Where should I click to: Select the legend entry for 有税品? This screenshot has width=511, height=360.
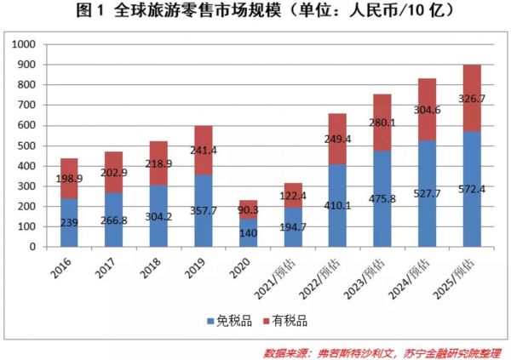click(285, 322)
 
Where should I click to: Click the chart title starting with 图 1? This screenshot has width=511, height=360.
click(255, 11)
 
